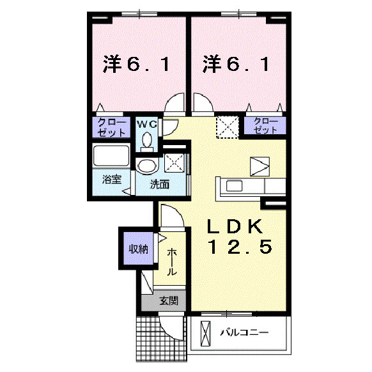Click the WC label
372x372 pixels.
147,124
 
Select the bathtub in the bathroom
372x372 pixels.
111,156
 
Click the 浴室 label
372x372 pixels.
112,180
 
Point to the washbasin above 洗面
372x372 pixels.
147,166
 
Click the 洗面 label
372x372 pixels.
160,184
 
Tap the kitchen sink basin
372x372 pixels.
235,185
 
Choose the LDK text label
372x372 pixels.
235,226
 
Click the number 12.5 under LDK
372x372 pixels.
240,247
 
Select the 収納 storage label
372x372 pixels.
139,249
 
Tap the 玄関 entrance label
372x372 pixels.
169,301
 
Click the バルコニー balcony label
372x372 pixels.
245,332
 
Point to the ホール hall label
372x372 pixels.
172,262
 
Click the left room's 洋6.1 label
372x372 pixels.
136,64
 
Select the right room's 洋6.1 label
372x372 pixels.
236,64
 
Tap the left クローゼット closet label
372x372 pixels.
111,127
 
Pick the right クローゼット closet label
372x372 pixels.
265,126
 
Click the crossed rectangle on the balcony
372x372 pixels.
205,334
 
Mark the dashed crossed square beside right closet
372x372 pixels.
228,127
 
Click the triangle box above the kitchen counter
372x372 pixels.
260,167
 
